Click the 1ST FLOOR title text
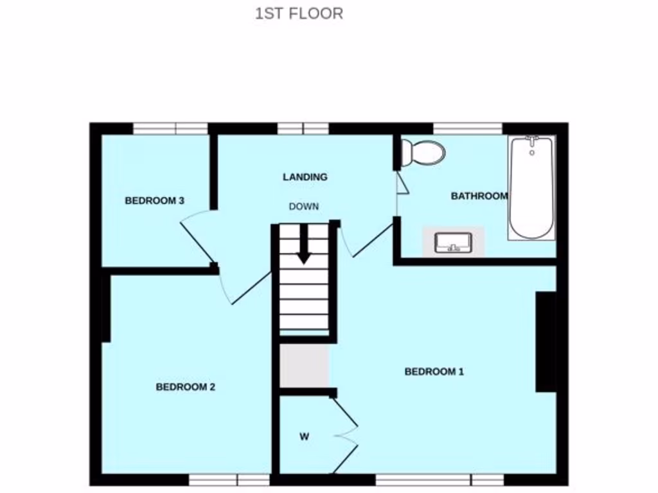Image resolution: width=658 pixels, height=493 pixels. [x=299, y=13]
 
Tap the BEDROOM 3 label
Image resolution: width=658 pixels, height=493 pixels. [x=154, y=201]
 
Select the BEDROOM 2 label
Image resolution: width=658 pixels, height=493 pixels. [x=186, y=387]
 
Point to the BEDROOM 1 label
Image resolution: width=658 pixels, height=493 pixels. [x=434, y=372]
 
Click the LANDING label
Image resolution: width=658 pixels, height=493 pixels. [x=305, y=177]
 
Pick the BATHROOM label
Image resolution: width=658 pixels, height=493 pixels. [x=479, y=196]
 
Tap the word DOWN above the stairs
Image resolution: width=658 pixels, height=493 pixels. [x=304, y=207]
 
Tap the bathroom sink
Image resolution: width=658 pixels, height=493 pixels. [x=453, y=243]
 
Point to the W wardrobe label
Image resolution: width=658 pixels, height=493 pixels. [x=304, y=437]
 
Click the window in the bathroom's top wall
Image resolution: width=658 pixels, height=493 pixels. [x=468, y=128]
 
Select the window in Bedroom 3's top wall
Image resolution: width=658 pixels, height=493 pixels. [x=170, y=128]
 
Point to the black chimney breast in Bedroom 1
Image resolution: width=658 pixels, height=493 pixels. [x=546, y=342]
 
